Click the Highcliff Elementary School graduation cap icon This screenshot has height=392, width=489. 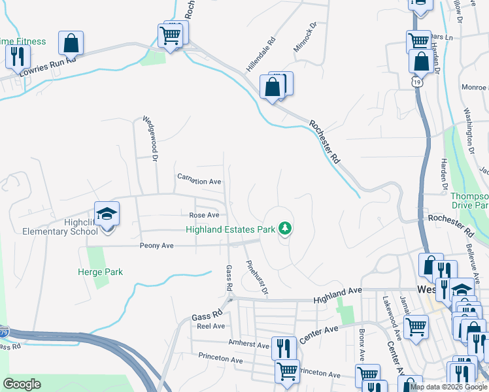coord(107,214)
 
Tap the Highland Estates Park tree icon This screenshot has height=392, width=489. coord(284,228)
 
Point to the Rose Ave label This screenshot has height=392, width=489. coord(204,215)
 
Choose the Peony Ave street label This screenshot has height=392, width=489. coord(156,246)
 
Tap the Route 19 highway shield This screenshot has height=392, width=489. coord(415,82)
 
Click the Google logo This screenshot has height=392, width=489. coord(22,384)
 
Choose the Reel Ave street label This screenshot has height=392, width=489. coord(211,325)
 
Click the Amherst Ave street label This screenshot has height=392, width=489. coord(248,344)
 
